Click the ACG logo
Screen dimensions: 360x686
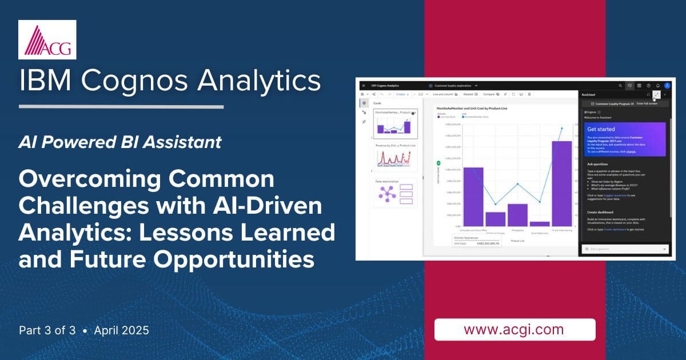[x=47, y=39]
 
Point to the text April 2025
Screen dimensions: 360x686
[x=122, y=330]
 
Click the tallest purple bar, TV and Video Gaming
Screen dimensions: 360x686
[x=561, y=183]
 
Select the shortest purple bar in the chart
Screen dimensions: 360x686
[x=540, y=223]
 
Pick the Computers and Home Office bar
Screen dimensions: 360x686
[x=473, y=197]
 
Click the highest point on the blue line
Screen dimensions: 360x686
[x=561, y=128]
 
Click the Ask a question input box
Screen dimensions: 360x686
[x=620, y=249]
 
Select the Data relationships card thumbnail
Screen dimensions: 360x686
[x=395, y=193]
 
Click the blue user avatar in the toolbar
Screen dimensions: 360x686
[x=667, y=85]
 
